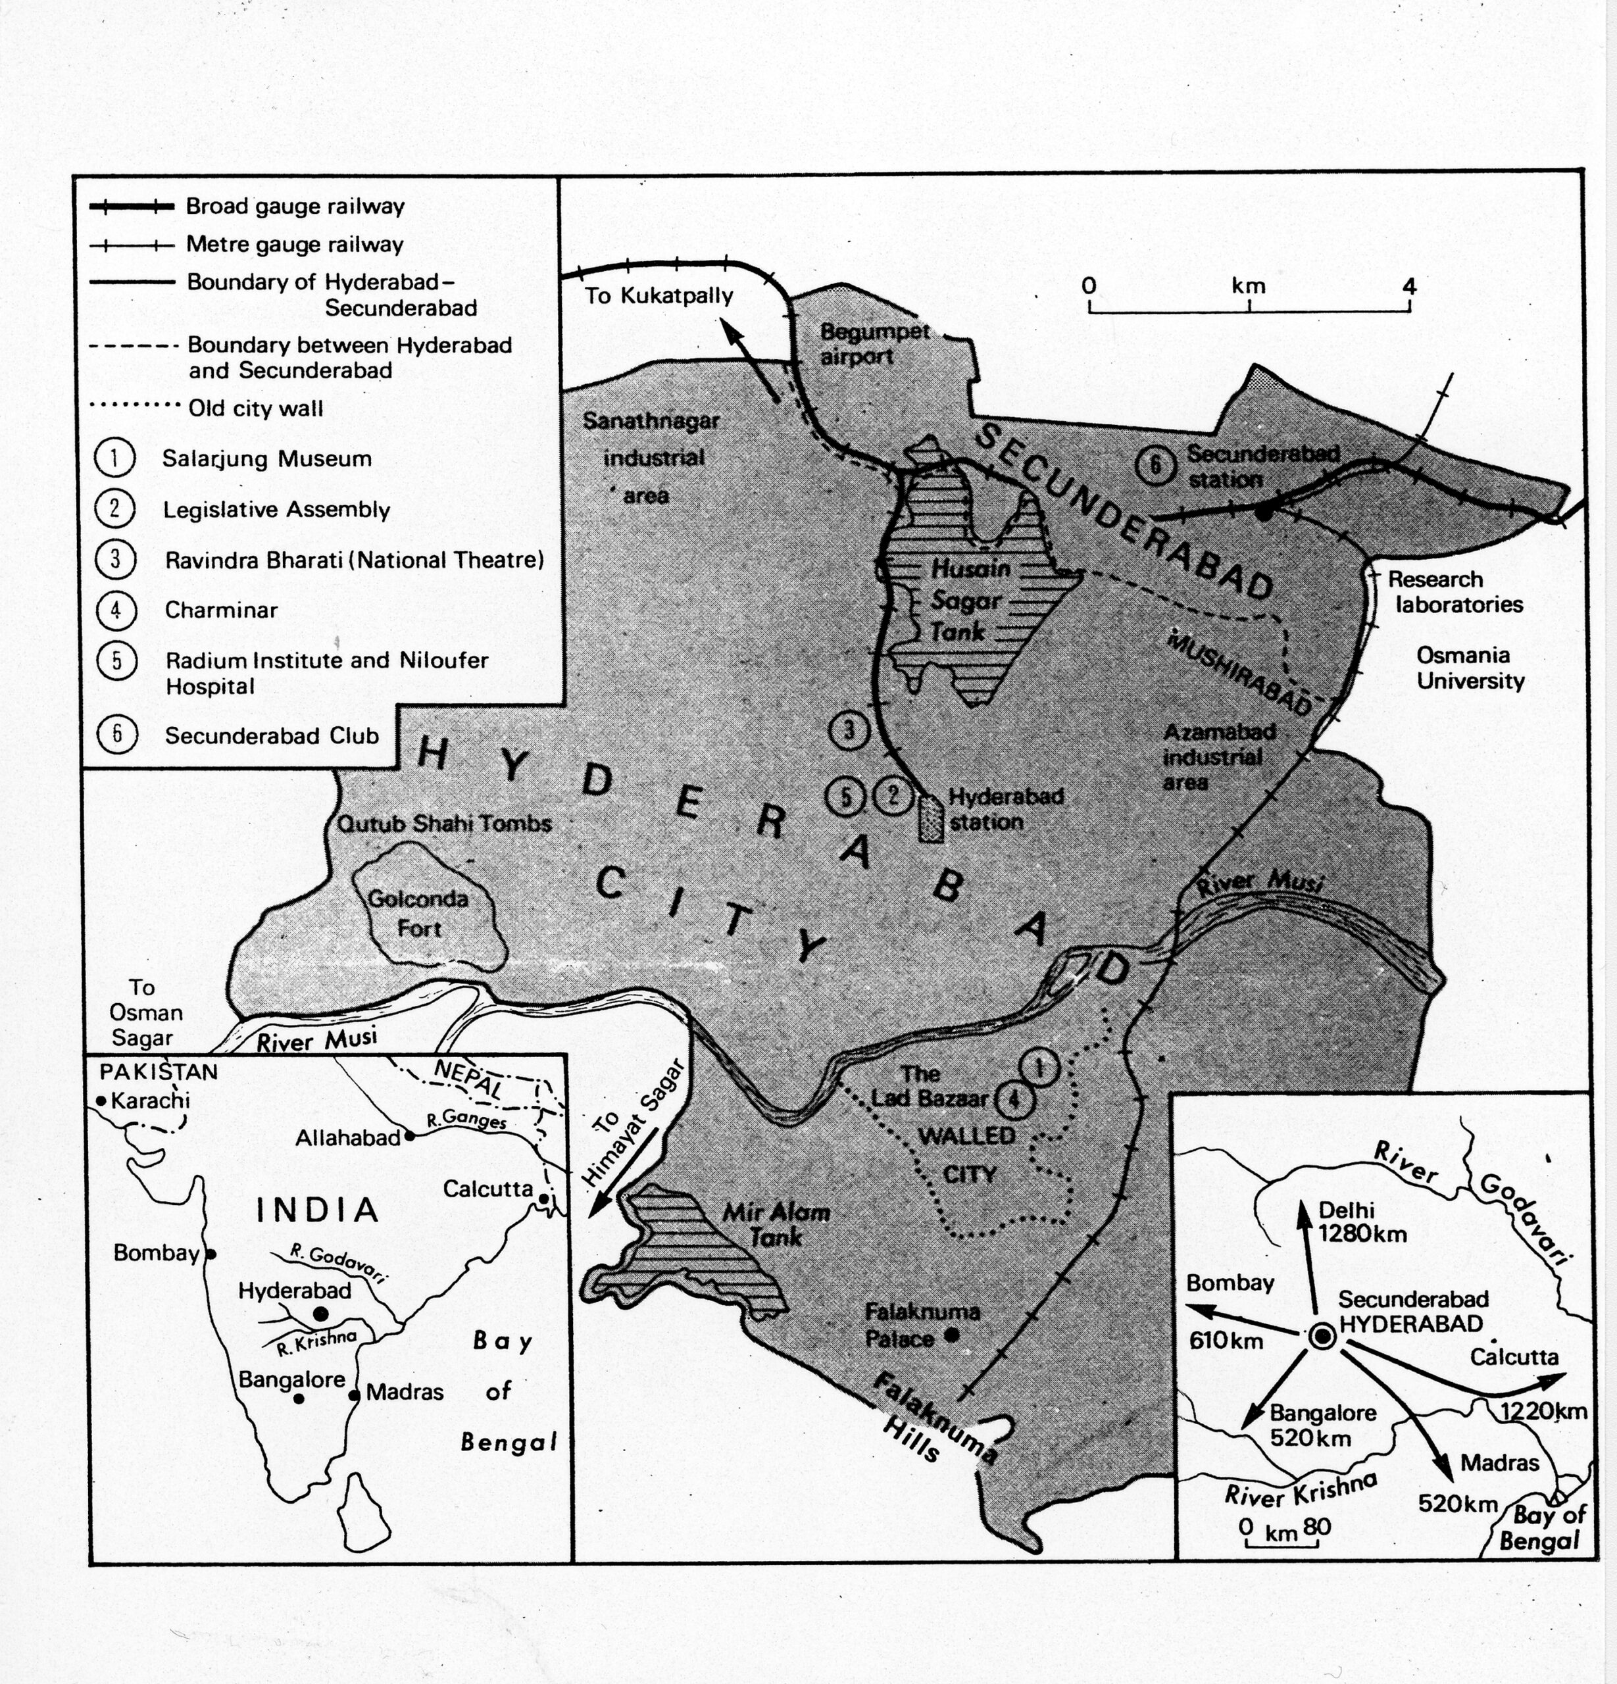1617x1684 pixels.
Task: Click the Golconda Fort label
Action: click(418, 913)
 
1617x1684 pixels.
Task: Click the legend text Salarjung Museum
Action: click(266, 458)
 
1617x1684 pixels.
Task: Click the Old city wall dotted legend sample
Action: click(132, 407)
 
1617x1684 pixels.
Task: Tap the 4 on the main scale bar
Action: click(1409, 286)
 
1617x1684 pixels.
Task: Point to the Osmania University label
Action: click(1470, 668)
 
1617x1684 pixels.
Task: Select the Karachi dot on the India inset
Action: click(101, 1101)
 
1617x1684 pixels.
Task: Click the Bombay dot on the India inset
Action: click(211, 1254)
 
